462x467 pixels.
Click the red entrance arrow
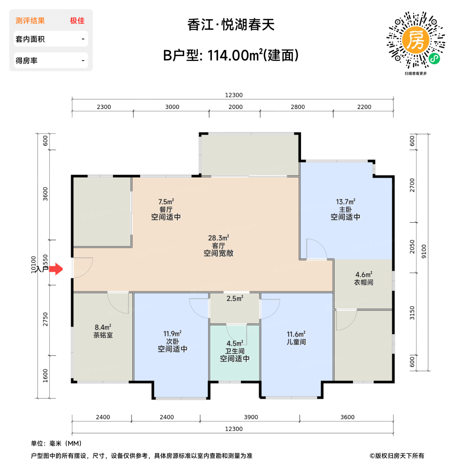pyautogui.click(x=56, y=269)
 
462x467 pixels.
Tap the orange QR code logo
pyautogui.click(x=415, y=40)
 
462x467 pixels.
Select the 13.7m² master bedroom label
pyautogui.click(x=345, y=209)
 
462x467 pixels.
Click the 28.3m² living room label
pyautogui.click(x=218, y=246)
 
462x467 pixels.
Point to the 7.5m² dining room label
pyautogui.click(x=166, y=209)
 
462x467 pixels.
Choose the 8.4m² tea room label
pyautogui.click(x=103, y=331)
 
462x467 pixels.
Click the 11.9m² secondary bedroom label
pyautogui.click(x=172, y=341)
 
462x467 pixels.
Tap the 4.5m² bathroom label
pyautogui.click(x=235, y=351)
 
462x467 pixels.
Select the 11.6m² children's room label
pyautogui.click(x=296, y=338)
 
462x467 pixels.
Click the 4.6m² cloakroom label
pyautogui.click(x=364, y=279)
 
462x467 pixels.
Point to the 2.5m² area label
pyautogui.click(x=235, y=299)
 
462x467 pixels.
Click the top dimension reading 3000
pyautogui.click(x=172, y=107)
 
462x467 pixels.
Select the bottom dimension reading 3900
pyautogui.click(x=251, y=417)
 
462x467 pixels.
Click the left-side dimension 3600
pyautogui.click(x=45, y=194)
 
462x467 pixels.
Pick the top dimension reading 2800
pyautogui.click(x=298, y=107)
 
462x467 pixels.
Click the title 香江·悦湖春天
pyautogui.click(x=231, y=25)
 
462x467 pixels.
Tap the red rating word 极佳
pyautogui.click(x=77, y=21)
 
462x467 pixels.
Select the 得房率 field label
pyautogui.click(x=27, y=61)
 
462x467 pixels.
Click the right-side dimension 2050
pyautogui.click(x=412, y=247)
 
